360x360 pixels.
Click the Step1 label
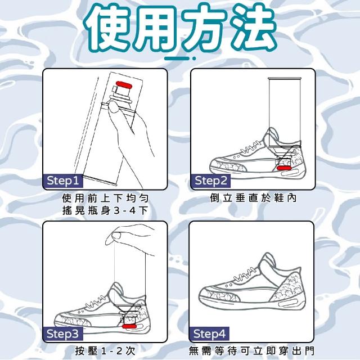click(x=63, y=181)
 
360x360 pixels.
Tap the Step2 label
click(x=211, y=181)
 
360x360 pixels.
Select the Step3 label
click(x=62, y=334)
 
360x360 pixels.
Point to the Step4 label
click(x=209, y=334)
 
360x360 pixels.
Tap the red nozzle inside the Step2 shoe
click(x=284, y=168)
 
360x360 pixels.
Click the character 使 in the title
click(x=109, y=28)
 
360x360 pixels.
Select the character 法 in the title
click(x=253, y=28)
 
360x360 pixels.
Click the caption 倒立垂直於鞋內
click(x=253, y=198)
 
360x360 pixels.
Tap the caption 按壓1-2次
click(x=105, y=351)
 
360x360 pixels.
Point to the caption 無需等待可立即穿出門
click(x=251, y=351)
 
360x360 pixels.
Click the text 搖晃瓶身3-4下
click(x=105, y=210)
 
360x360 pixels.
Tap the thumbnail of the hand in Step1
click(x=114, y=107)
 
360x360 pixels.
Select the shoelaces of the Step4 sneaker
click(x=245, y=274)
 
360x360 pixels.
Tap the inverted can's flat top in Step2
click(x=284, y=79)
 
